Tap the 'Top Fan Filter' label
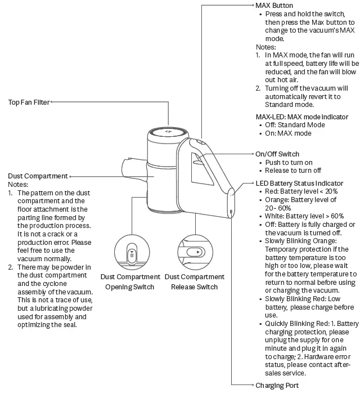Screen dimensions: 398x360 (x=28, y=102)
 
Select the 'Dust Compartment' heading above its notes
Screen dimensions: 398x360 (x=38, y=176)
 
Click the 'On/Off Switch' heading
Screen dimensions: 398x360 (x=277, y=154)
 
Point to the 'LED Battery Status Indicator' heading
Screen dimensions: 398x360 (x=299, y=184)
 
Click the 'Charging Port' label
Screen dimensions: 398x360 (x=277, y=386)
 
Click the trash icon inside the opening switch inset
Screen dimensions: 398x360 (x=131, y=254)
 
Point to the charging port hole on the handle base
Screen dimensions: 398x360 (x=231, y=211)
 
